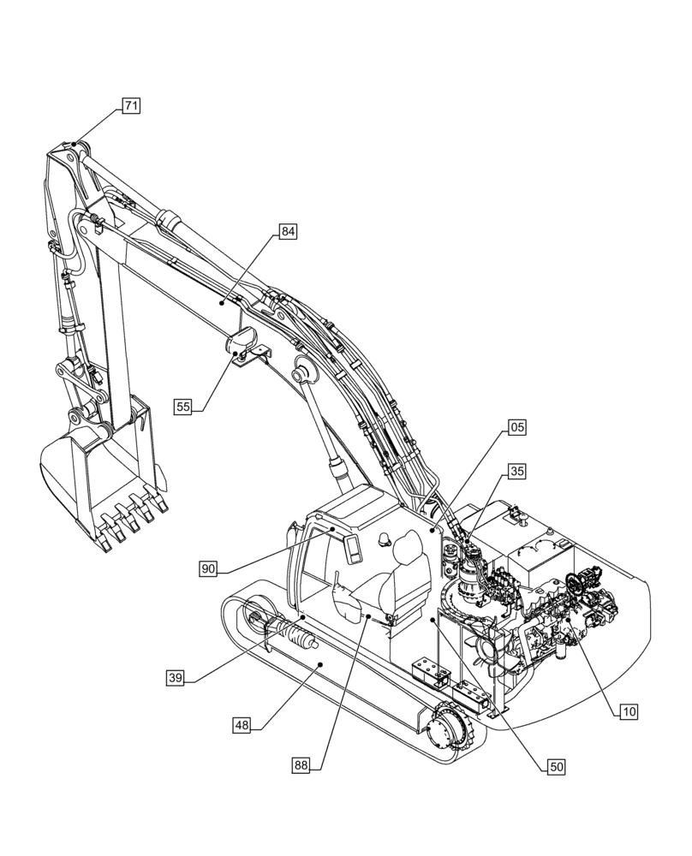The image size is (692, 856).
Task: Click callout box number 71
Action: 130,106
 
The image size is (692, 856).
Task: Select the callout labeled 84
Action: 288,232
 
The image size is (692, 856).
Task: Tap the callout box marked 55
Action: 183,407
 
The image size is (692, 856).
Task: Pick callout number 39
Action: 176,678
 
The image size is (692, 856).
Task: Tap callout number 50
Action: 556,767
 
